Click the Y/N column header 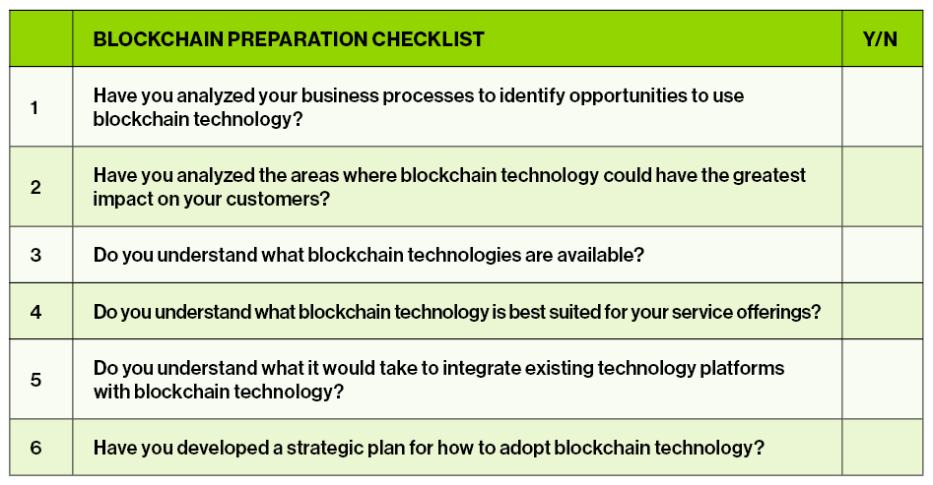click(880, 39)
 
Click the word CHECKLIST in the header click(428, 39)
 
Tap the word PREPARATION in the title click(298, 39)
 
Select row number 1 click(34, 107)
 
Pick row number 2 click(35, 187)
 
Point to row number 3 click(35, 255)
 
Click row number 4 click(35, 312)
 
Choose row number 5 click(35, 380)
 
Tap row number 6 click(35, 448)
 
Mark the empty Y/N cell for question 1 click(883, 107)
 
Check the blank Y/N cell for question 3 click(883, 255)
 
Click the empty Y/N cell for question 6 click(883, 448)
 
